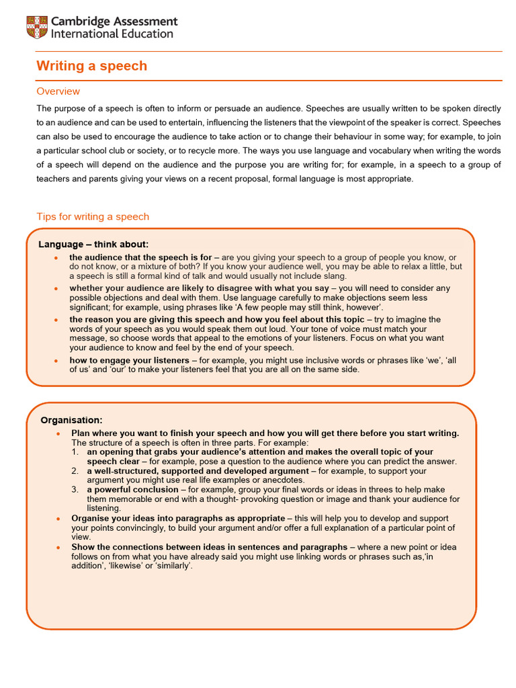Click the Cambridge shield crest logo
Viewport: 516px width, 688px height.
tap(37, 28)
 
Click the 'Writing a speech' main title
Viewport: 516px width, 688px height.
tap(91, 66)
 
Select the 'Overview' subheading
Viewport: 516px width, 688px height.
tap(58, 91)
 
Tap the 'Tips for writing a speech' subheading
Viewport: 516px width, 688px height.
tap(93, 216)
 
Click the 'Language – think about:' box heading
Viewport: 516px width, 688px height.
tap(93, 244)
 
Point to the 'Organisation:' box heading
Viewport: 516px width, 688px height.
tap(71, 420)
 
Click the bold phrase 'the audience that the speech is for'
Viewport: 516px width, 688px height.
tap(140, 257)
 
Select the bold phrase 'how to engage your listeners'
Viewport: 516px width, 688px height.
tap(129, 360)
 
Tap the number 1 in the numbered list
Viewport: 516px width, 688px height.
tap(75, 453)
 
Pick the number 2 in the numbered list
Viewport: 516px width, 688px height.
tap(75, 471)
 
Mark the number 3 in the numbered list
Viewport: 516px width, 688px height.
tap(75, 490)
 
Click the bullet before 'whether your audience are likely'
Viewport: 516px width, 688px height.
tap(55, 288)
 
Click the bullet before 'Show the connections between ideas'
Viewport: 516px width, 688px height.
tap(58, 548)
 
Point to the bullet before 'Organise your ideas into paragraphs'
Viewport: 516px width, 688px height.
tap(58, 519)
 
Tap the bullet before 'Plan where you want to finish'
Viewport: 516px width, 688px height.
tap(58, 434)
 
